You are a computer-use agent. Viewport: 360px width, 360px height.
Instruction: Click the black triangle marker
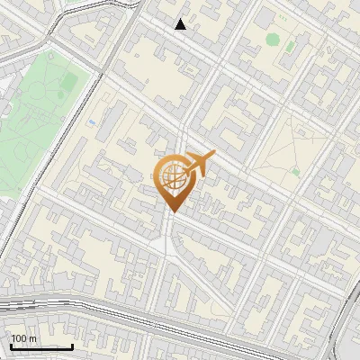[x=181, y=24]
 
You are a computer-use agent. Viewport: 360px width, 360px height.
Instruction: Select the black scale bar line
[x=41, y=346]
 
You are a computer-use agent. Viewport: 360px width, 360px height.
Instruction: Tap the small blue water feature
[x=92, y=120]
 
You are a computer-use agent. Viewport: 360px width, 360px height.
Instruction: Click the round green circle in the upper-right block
[x=273, y=39]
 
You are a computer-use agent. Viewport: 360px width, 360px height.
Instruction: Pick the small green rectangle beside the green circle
[x=292, y=45]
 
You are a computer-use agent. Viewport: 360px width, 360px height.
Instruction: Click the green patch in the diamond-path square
[x=294, y=171]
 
